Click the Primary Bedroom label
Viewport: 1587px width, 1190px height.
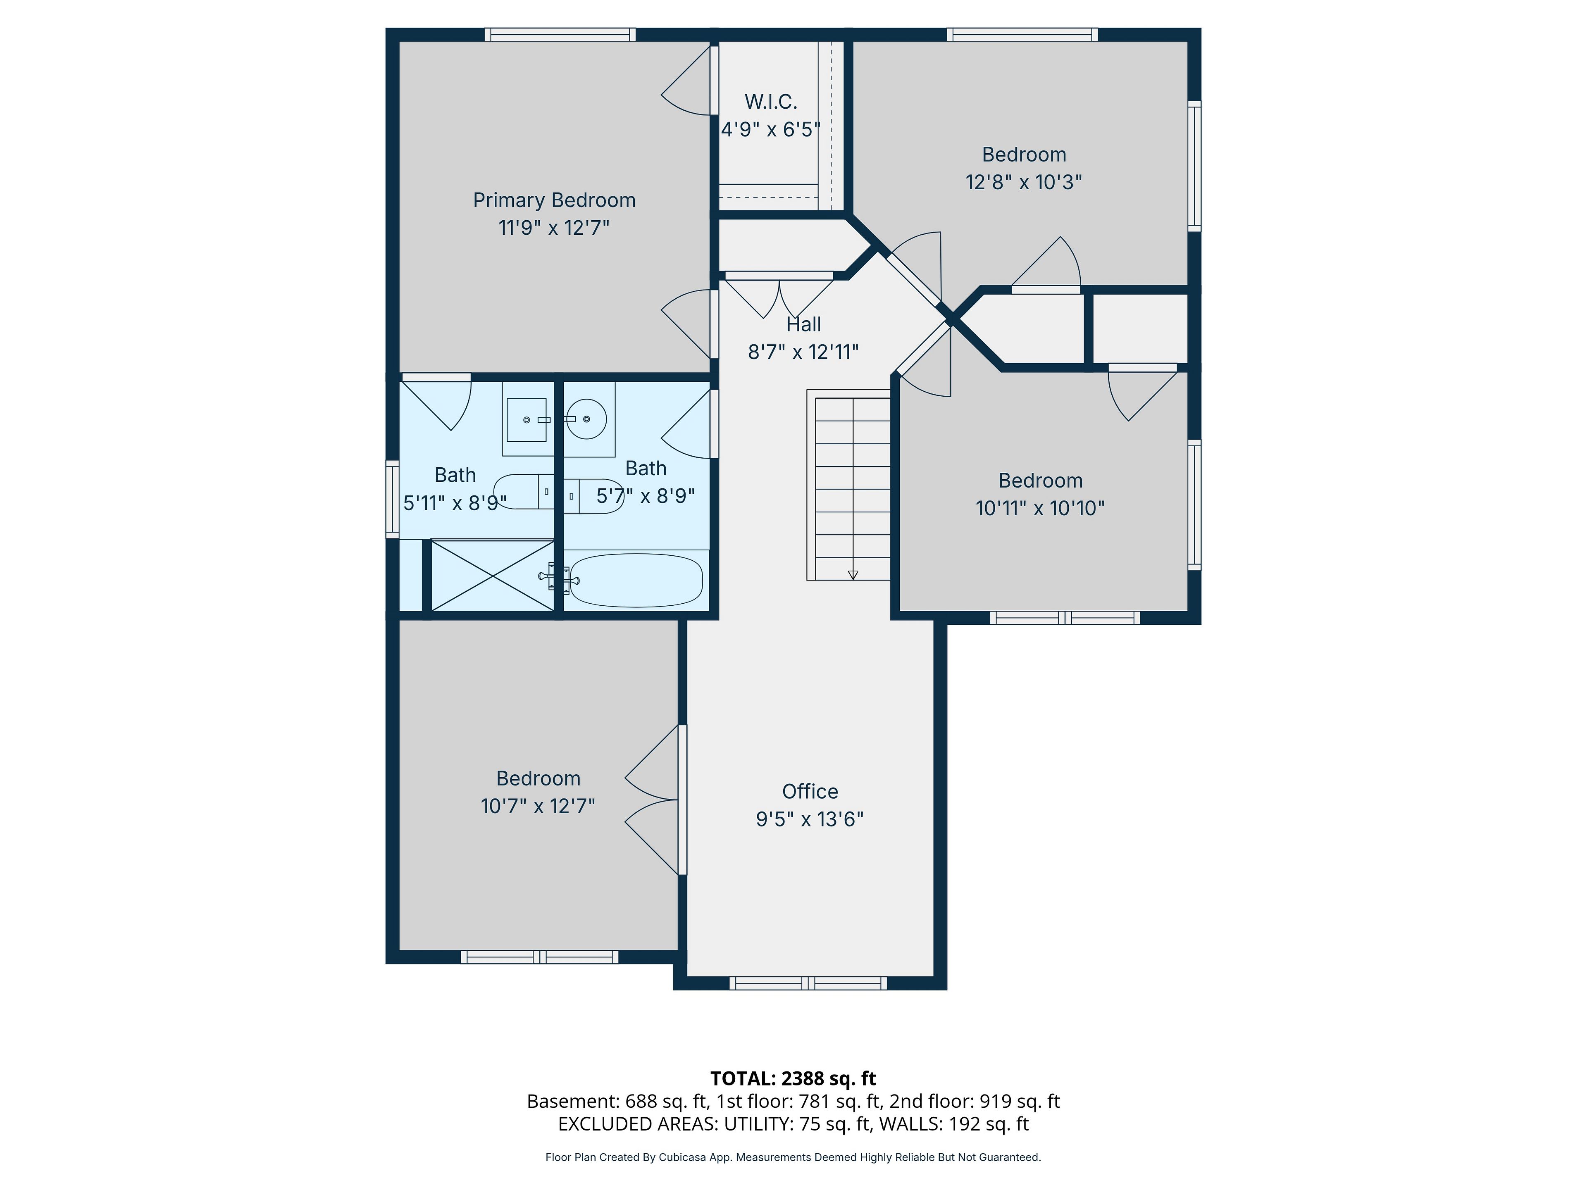coord(554,200)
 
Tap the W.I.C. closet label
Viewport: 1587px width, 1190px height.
coord(770,102)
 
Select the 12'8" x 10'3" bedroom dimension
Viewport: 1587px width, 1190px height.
coord(1024,182)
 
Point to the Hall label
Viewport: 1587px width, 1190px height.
coord(803,324)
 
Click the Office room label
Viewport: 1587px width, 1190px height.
coord(810,791)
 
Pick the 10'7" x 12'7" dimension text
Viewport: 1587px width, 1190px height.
coord(538,806)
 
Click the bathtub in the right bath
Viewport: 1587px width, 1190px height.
coord(636,580)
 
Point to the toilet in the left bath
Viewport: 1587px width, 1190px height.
coord(524,491)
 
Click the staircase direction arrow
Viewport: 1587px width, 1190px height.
coord(853,575)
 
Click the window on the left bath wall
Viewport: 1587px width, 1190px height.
coord(393,499)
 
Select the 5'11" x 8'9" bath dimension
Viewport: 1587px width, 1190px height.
coord(455,503)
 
